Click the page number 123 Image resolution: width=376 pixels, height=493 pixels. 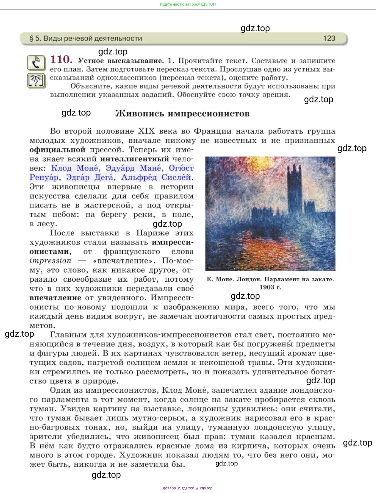[329, 38]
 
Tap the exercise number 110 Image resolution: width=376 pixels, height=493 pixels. [61, 59]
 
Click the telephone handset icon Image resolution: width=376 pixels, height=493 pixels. [36, 63]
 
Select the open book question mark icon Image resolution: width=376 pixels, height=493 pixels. [36, 81]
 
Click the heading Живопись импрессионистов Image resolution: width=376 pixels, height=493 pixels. [182, 114]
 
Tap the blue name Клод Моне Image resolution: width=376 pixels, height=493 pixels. [75, 168]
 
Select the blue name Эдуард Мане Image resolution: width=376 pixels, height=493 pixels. [133, 168]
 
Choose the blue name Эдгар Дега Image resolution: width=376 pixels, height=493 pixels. [90, 177]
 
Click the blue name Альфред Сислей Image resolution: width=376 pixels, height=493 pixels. [156, 177]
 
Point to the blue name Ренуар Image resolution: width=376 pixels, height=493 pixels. [44, 177]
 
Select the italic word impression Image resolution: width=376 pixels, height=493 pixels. [50, 261]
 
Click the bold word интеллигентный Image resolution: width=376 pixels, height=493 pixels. [135, 159]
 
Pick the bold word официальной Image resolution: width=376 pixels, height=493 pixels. [57, 150]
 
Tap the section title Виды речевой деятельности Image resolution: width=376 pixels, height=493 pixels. [93, 38]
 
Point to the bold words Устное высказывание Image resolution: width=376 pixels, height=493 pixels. [121, 61]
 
